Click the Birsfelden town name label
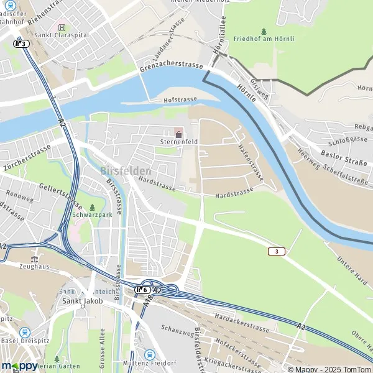point(125,171)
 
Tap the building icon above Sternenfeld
point(179,134)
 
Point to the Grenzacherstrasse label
point(172,65)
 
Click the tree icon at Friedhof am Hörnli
point(264,30)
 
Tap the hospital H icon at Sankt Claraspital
point(61,27)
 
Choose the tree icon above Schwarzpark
point(93,207)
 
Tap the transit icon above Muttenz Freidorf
point(149,354)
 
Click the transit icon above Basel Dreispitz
point(25,332)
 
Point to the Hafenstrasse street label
point(251,163)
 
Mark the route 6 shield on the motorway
point(142,290)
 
